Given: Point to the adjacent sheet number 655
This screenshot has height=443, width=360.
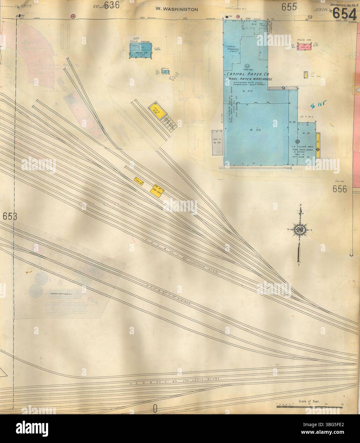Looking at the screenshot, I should click(x=289, y=6).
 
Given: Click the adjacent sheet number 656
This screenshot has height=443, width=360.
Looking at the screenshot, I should click(x=340, y=189).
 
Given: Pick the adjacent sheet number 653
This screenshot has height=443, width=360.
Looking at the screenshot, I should click(x=9, y=216).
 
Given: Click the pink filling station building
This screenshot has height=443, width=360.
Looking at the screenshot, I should click(x=304, y=47).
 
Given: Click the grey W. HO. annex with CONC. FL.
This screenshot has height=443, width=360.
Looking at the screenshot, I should click(x=217, y=142).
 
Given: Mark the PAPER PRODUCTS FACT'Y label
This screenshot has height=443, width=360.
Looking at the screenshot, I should click(x=230, y=50).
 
